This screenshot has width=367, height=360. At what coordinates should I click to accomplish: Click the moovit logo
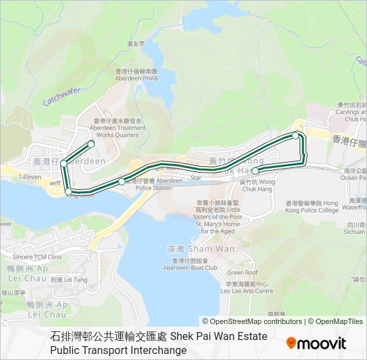tap(316, 343)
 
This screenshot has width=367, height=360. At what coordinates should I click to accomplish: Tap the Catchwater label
tap(61, 96)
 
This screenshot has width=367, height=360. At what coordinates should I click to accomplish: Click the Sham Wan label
tap(191, 248)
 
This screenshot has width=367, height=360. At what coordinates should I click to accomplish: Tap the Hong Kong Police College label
tap(312, 207)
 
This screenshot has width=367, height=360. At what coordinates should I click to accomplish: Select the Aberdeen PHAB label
tap(135, 75)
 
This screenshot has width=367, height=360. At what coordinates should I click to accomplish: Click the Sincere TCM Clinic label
tap(37, 256)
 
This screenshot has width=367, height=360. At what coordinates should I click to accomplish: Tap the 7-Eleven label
tap(30, 177)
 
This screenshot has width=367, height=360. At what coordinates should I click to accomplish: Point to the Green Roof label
tap(242, 272)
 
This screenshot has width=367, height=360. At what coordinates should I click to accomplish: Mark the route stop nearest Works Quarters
tap(91, 143)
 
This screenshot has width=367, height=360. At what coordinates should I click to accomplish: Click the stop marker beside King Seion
tap(68, 192)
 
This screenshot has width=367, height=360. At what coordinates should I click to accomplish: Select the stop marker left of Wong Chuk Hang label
tap(255, 171)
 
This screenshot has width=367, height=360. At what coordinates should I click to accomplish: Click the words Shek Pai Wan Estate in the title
tap(218, 337)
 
